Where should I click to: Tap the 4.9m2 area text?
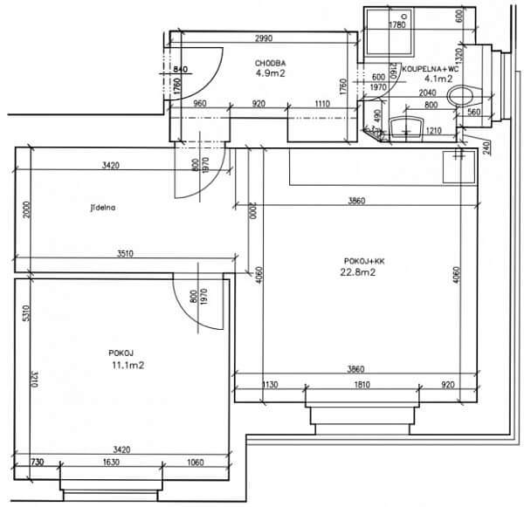pyautogui.click(x=270, y=74)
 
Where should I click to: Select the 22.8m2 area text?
pyautogui.click(x=358, y=271)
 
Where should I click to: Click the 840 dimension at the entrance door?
pyautogui.click(x=183, y=69)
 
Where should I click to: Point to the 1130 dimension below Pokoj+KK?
pyautogui.click(x=270, y=384)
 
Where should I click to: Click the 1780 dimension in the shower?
pyautogui.click(x=397, y=25)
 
